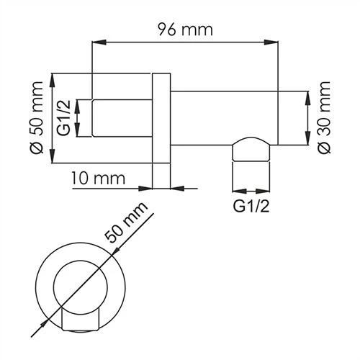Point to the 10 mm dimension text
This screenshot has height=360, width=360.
99,178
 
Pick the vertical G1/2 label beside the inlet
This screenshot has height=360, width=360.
63,118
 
